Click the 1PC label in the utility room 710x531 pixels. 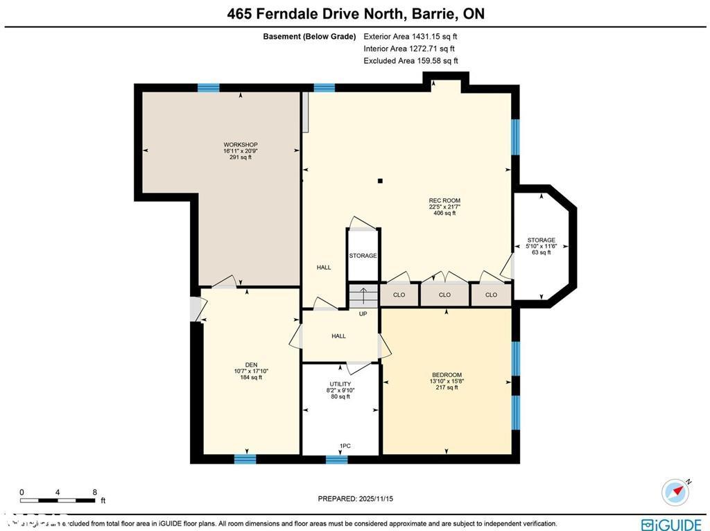tap(345, 446)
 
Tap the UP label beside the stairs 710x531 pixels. tap(363, 314)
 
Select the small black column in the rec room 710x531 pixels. tap(379, 182)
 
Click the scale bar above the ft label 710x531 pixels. tap(58, 499)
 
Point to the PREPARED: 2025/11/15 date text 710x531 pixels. tap(355, 498)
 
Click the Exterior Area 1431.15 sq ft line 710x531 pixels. tap(411, 36)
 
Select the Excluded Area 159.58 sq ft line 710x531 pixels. tap(411, 61)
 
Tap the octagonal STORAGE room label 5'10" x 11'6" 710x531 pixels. tap(541, 246)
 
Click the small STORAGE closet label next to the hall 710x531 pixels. tap(363, 256)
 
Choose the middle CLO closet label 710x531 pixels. tap(444, 295)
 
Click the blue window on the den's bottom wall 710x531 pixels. tap(245, 459)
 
